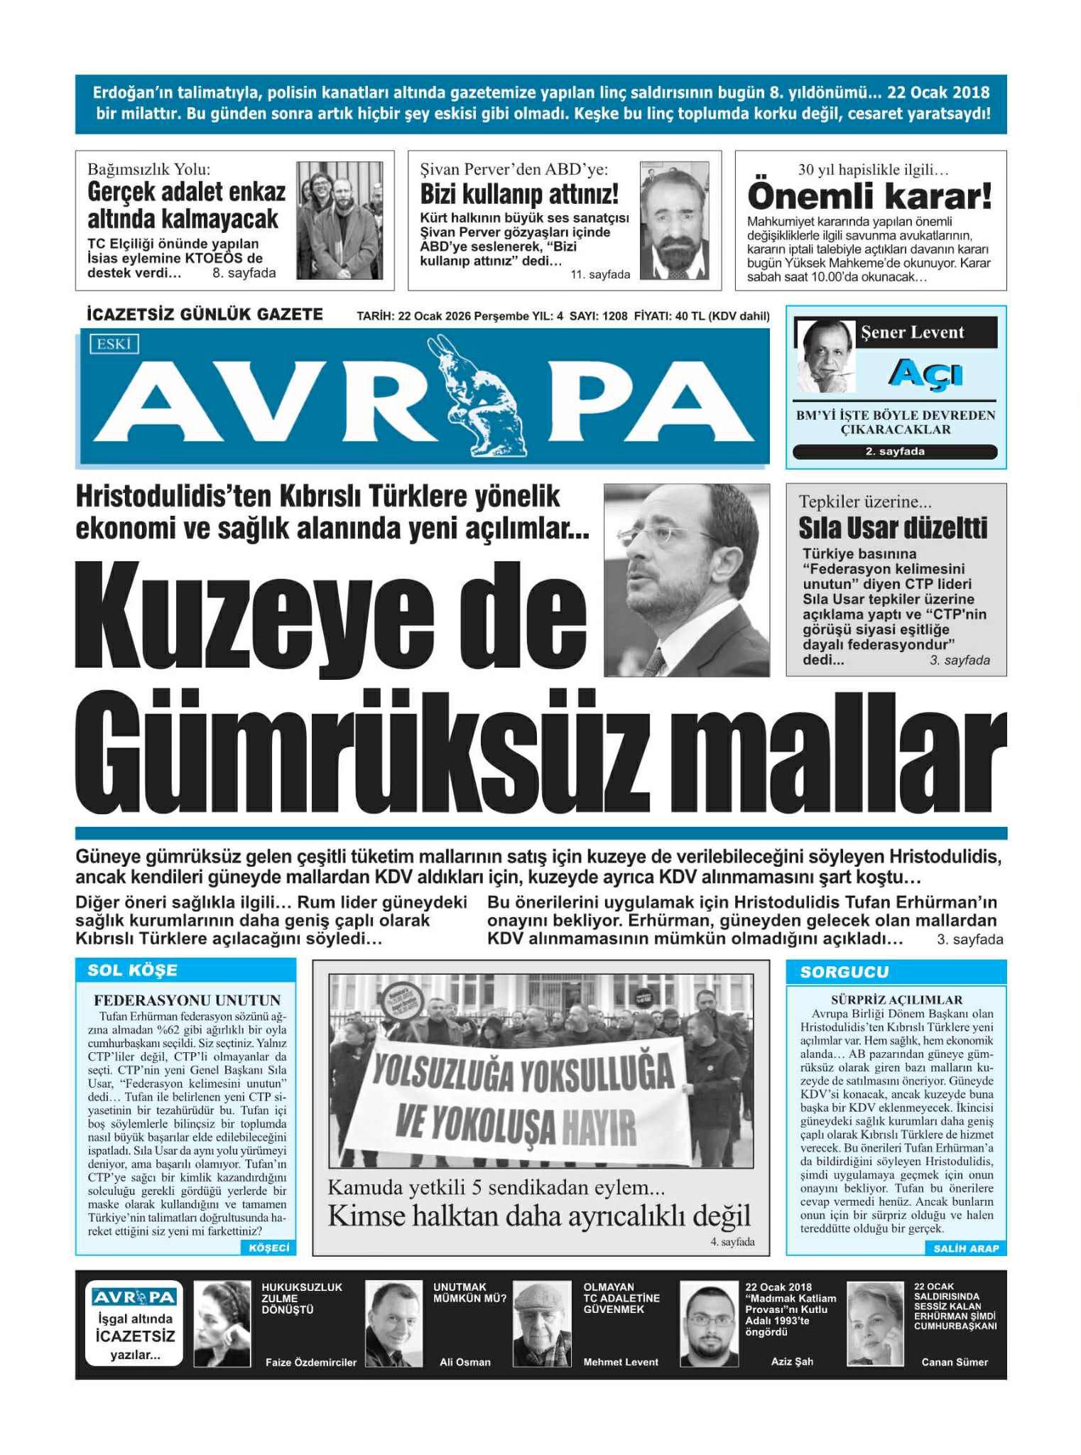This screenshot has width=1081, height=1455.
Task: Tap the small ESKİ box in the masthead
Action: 114,345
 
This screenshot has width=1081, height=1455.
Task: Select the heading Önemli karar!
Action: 869,195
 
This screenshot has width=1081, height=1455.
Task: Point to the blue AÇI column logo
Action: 925,372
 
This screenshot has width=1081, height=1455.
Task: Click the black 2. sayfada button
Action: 894,452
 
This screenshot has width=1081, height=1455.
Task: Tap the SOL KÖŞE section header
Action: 132,970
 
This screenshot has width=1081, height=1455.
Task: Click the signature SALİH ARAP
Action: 966,1248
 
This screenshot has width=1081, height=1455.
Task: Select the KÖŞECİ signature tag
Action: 269,1248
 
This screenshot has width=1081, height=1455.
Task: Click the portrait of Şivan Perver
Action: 673,220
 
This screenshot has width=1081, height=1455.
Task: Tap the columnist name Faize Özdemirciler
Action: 310,1362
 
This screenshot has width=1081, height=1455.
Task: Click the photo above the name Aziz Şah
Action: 708,1324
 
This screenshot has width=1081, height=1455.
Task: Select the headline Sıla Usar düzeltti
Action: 893,528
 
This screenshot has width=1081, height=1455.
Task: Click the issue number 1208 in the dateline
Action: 614,316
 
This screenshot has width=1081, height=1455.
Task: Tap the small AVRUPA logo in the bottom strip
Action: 134,1297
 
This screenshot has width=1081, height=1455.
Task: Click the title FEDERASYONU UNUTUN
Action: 187,1000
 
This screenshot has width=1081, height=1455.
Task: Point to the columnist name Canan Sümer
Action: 954,1362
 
